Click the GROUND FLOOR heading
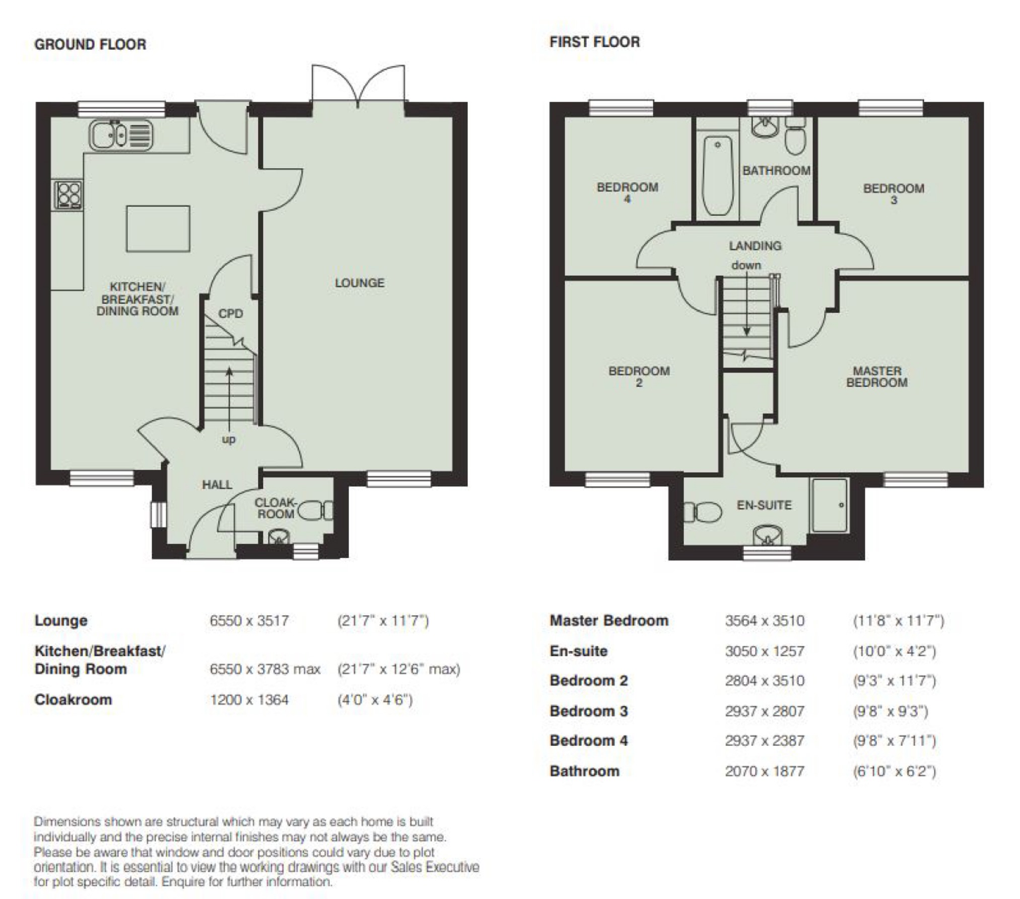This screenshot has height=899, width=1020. point(90,44)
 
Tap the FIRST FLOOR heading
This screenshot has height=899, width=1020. point(594,42)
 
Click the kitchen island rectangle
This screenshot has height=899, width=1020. point(158,229)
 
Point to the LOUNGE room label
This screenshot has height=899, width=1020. point(360,283)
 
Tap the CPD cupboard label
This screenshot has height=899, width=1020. point(231,314)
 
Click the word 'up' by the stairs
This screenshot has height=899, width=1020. point(229,440)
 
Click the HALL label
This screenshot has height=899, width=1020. point(217,485)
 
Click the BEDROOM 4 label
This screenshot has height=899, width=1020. point(628,193)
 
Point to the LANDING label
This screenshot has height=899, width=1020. point(755,246)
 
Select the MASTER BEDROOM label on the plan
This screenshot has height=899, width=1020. point(877,377)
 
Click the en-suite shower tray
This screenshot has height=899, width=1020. point(829,505)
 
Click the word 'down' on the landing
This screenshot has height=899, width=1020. point(746,265)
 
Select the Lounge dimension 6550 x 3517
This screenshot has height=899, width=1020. point(249,621)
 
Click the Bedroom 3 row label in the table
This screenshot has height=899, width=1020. point(589,711)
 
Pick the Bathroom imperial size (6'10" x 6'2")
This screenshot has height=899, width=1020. point(895,772)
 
